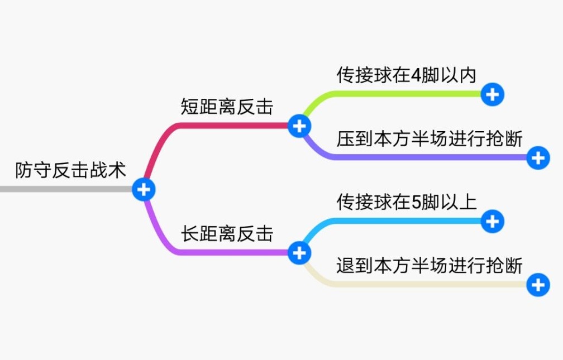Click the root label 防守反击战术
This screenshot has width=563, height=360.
pyautogui.click(x=71, y=170)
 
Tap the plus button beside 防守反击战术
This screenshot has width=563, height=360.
pyautogui.click(x=144, y=190)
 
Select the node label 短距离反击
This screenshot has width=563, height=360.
pyautogui.click(x=227, y=107)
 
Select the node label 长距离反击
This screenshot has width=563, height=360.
pyautogui.click(x=227, y=233)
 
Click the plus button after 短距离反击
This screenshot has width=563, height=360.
pyautogui.click(x=299, y=126)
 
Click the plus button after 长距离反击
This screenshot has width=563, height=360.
pyautogui.click(x=299, y=253)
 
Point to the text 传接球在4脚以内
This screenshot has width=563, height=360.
pyautogui.click(x=406, y=75)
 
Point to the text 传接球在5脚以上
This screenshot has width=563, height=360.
pyautogui.click(x=406, y=201)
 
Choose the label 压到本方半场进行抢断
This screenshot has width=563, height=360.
pyautogui.click(x=429, y=138)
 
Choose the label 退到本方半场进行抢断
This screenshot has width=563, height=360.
pyautogui.click(x=429, y=265)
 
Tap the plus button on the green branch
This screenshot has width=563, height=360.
pyautogui.click(x=492, y=95)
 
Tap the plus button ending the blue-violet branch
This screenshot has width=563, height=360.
pyautogui.click(x=538, y=159)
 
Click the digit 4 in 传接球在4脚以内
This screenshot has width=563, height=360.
pyautogui.click(x=416, y=75)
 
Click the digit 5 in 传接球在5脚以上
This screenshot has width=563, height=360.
pyautogui.click(x=416, y=202)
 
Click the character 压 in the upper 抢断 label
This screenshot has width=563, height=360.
pyautogui.click(x=346, y=138)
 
